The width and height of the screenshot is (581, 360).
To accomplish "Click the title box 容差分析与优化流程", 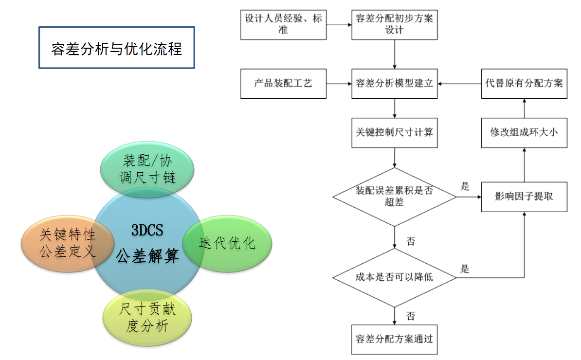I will coord(116,48).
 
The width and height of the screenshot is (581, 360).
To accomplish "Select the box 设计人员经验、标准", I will coord(283,24).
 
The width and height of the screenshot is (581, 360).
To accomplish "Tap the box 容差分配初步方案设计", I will coord(394,24).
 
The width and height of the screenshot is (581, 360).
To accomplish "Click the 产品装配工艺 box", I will coord(283,83).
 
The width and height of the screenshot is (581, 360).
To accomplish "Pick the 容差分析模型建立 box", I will coord(394,83).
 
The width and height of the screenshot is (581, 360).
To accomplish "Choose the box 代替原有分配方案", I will coord(524,83).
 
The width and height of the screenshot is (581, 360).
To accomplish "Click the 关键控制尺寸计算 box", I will coord(394,132).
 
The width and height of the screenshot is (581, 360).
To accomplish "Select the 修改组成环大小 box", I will coord(524,132).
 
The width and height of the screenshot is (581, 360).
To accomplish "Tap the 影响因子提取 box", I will coord(524,197).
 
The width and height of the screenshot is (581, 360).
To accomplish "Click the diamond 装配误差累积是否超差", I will coord(394,197).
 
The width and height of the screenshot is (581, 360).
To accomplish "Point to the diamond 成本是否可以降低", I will coord(394,278).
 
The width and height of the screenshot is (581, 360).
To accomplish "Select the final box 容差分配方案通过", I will coord(394,339).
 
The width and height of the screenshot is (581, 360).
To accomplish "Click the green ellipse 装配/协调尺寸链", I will coord(148,168).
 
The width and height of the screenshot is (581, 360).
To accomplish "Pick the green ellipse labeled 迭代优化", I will coord(227,243).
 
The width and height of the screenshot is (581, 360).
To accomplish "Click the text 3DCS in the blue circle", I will coord(146,230).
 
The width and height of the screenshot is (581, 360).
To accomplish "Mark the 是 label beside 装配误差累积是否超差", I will coord(465,186).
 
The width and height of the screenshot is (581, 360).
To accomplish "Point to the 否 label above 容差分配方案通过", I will coord(411,317).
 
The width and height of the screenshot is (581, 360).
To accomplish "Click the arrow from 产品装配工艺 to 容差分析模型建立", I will coord(339,84).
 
